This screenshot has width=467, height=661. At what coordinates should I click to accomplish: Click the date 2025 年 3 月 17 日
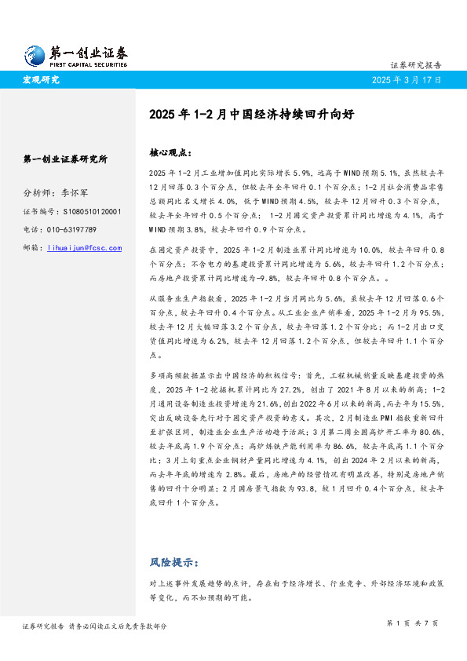[407, 80]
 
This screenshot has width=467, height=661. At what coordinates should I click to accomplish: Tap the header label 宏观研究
[41, 80]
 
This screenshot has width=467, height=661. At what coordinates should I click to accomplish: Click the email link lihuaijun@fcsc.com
[85, 248]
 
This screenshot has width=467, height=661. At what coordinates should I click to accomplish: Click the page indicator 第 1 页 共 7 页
[413, 623]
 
